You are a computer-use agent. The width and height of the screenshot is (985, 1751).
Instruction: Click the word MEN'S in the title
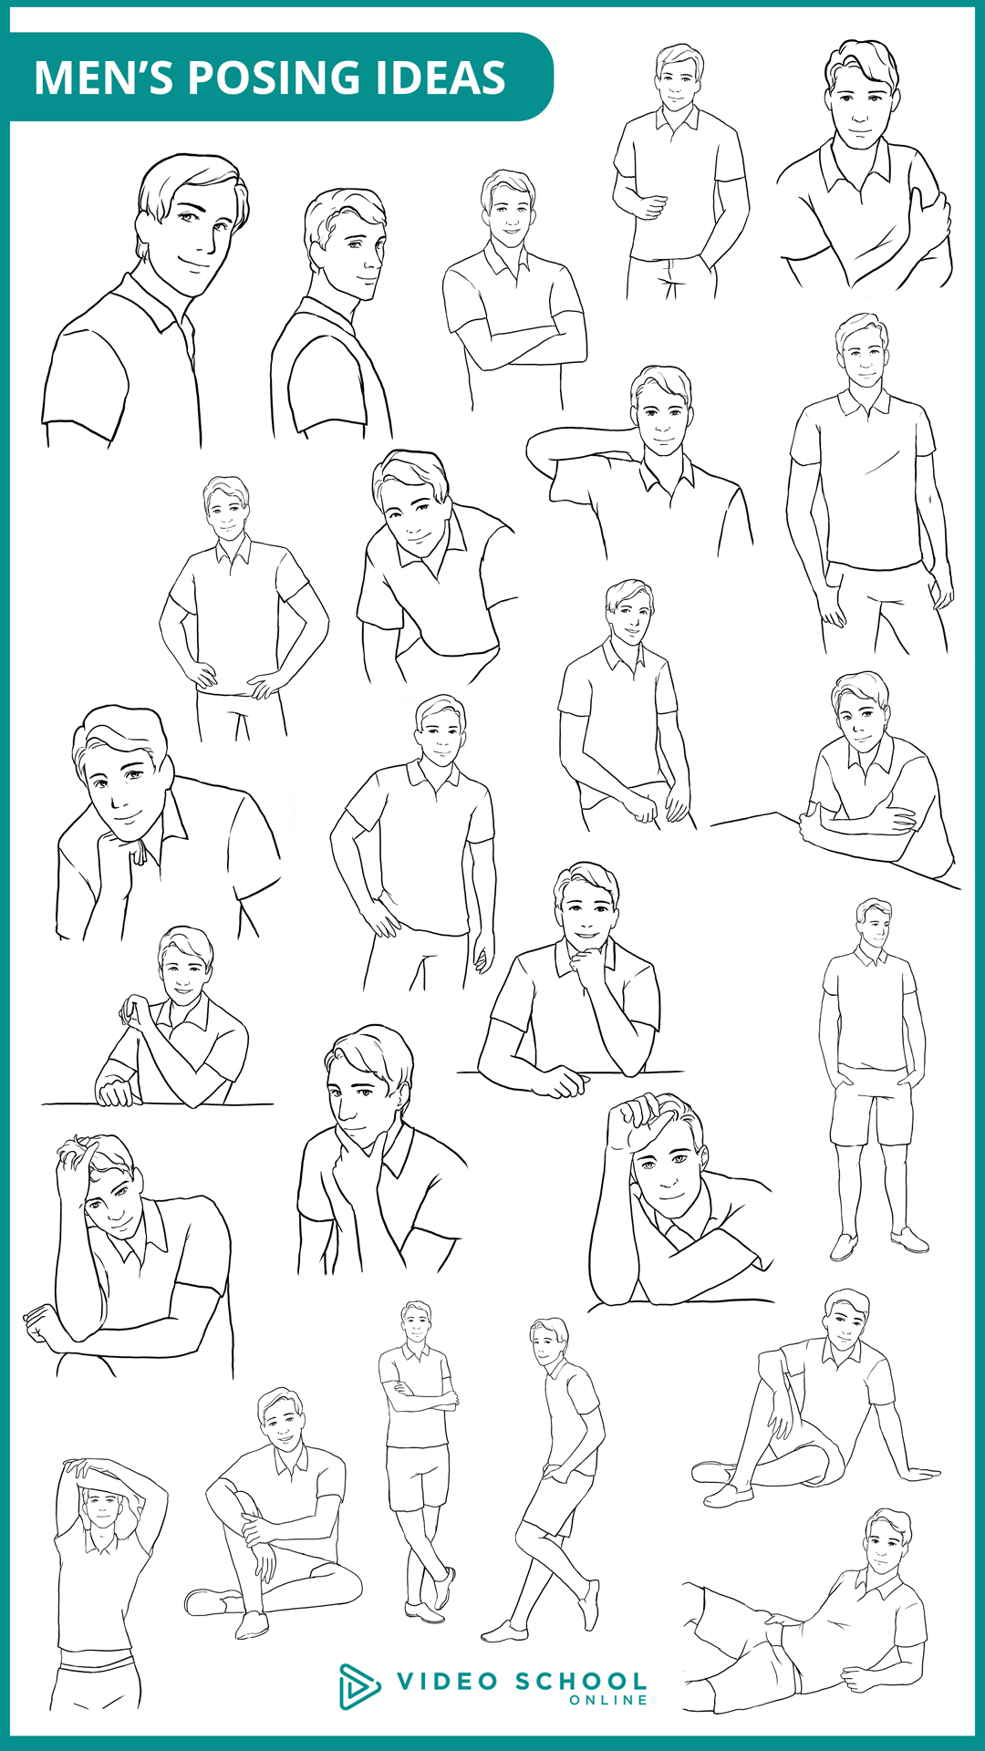coord(103,78)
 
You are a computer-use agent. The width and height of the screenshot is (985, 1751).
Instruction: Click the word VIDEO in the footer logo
coord(447,1681)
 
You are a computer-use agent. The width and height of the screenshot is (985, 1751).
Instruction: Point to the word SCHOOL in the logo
coord(581,1681)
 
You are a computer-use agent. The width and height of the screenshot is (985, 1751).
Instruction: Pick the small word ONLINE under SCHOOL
coord(608,1700)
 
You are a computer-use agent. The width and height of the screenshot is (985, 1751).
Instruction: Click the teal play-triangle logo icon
coord(358,1686)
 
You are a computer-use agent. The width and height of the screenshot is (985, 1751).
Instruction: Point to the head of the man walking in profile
coord(548,1342)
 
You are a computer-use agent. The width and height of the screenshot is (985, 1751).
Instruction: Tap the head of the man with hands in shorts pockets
coord(875,923)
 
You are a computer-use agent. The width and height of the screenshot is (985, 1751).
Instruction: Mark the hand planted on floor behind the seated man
coord(917,1473)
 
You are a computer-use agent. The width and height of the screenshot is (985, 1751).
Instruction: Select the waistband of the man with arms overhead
coord(97,1657)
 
